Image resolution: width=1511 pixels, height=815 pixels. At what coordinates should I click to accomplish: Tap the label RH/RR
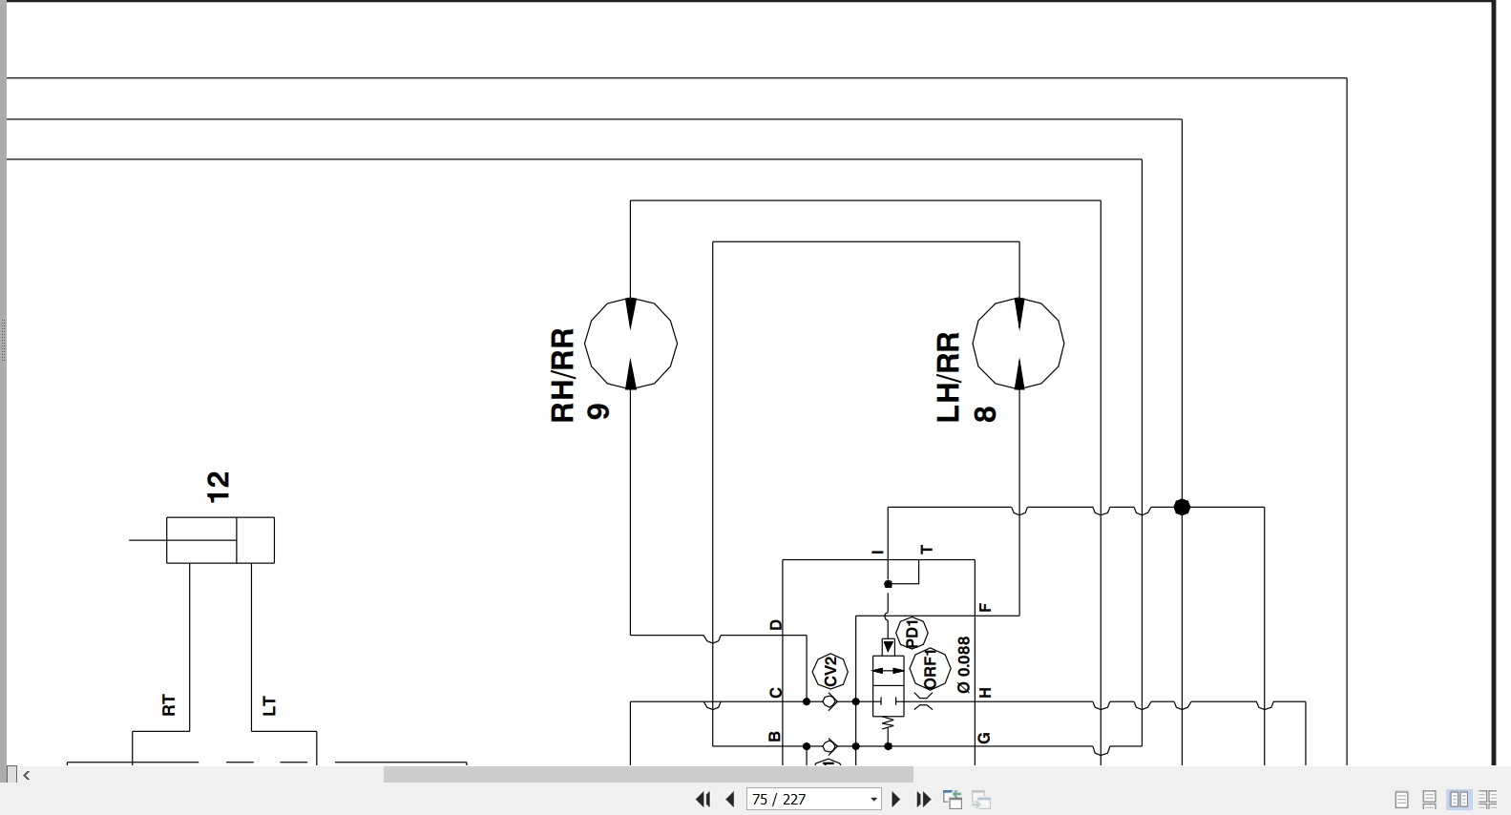coord(562,376)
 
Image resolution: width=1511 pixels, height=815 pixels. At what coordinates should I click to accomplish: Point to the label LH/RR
coord(949,377)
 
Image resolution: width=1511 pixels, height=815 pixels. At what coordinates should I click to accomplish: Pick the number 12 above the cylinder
coord(219,487)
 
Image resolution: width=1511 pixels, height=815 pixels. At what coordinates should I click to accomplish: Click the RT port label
coord(169,705)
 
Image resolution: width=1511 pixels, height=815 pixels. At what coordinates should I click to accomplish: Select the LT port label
coord(269,705)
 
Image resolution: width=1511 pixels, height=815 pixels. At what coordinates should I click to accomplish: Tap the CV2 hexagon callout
coord(829,671)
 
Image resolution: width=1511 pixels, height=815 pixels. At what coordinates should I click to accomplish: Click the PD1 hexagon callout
coord(912,634)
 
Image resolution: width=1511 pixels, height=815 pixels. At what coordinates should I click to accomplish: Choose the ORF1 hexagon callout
coord(930,669)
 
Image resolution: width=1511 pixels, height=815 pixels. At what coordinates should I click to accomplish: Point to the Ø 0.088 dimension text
coord(964,665)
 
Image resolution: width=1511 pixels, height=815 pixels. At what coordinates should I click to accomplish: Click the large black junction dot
coord(1182,508)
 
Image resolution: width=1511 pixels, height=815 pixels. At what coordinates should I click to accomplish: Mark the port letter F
coord(985,608)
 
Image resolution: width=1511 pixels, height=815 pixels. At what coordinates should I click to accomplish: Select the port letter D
coord(776,625)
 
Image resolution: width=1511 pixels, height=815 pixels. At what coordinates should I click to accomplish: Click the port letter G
coord(984,738)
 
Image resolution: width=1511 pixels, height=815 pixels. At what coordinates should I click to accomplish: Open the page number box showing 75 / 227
coord(813,800)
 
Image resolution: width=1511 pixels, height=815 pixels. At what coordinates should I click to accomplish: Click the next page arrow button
coord(895,800)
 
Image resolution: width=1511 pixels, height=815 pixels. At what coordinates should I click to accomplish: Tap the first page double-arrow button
coord(703,800)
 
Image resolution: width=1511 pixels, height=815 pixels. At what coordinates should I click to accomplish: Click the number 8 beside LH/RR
coord(985,413)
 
